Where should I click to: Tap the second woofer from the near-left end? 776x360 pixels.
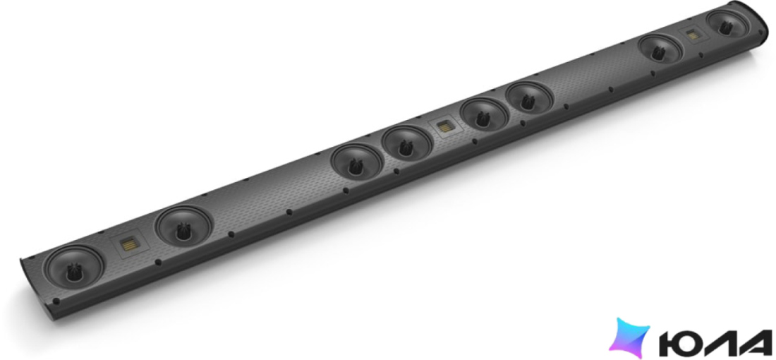click(183, 227)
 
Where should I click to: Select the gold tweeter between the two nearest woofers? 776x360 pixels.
click(131, 245)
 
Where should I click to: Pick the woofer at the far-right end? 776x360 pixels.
click(727, 24)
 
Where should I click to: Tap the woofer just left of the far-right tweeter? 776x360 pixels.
click(660, 49)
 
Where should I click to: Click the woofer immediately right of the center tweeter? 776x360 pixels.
click(483, 115)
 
